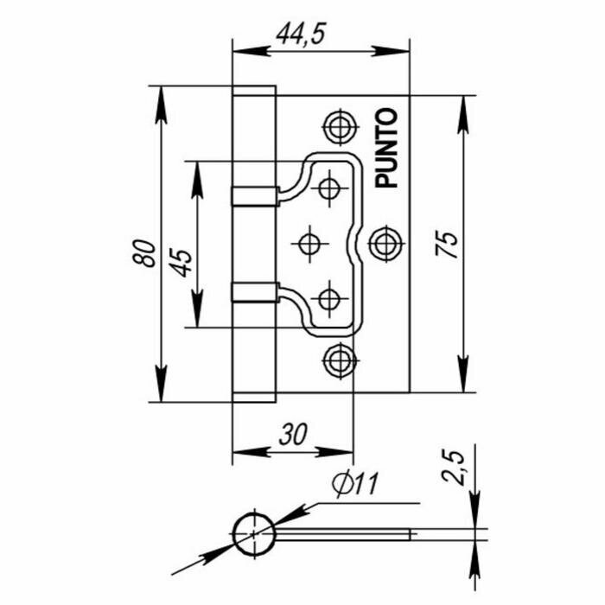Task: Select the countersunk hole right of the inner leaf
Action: point(385,244)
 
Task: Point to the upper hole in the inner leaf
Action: point(329,187)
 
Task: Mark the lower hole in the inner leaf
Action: point(329,300)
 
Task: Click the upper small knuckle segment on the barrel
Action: point(254,194)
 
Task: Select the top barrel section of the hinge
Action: point(254,134)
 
